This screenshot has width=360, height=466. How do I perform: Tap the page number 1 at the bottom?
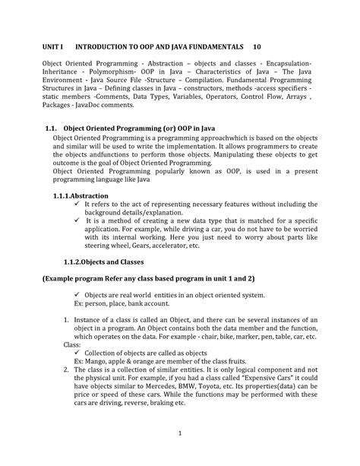pos(179,433)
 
